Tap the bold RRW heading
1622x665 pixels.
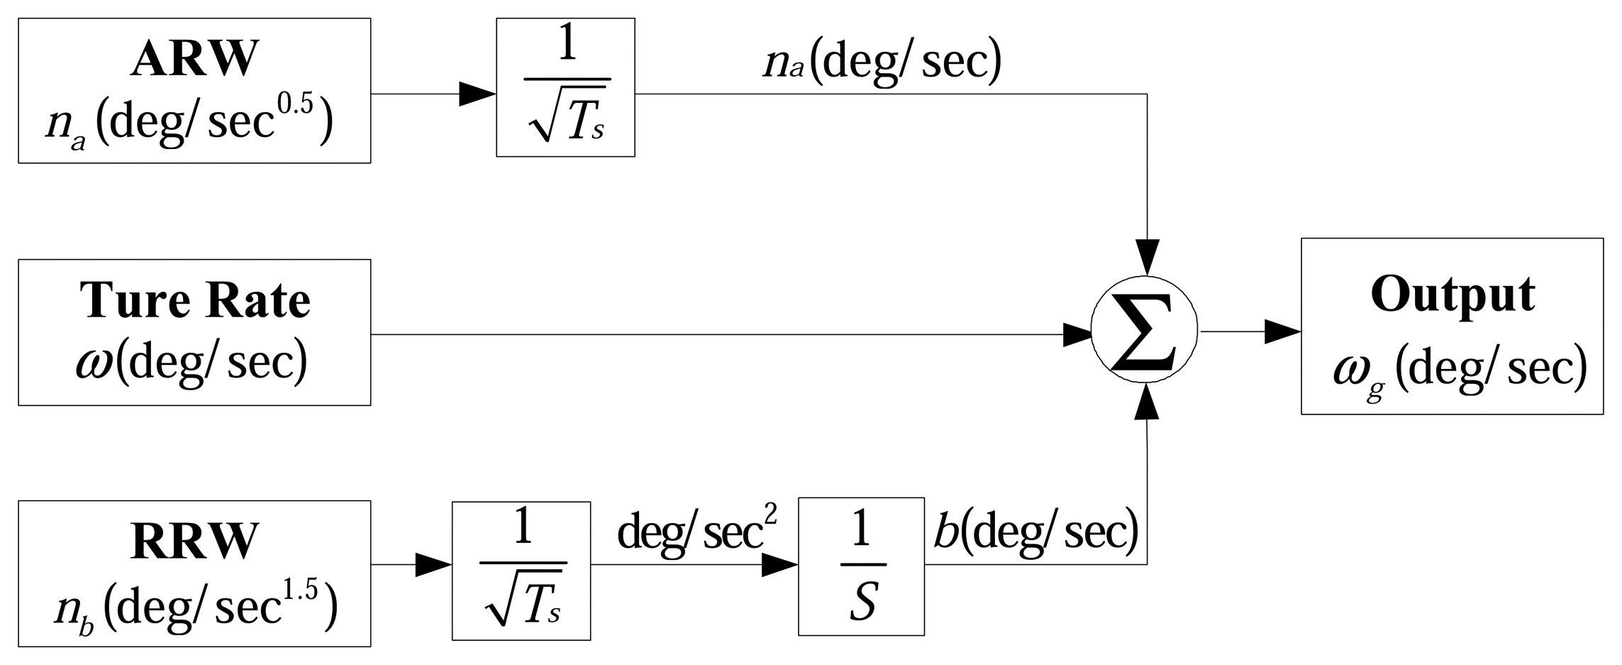tap(194, 542)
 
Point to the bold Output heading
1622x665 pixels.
tap(1452, 294)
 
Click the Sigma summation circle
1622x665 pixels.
tap(1144, 331)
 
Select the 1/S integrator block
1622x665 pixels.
tap(860, 566)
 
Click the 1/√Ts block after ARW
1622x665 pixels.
tap(565, 87)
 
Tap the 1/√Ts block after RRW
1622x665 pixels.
tap(521, 571)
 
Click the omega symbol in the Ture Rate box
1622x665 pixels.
tap(94, 364)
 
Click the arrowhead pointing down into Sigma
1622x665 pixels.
tap(1147, 256)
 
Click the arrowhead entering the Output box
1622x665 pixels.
tap(1282, 331)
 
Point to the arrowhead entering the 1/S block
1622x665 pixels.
tap(779, 566)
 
